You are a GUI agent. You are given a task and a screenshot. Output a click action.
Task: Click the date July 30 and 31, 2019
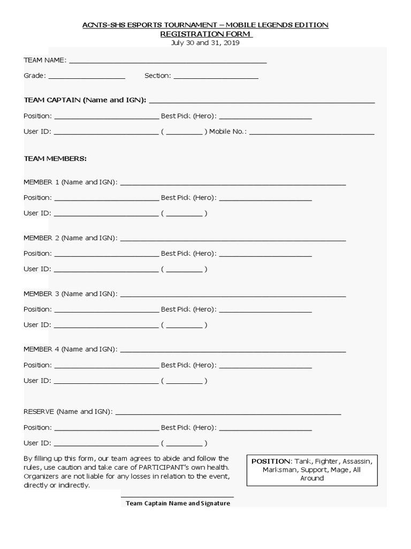(205, 43)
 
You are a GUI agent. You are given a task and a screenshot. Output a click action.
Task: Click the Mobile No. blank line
(311, 133)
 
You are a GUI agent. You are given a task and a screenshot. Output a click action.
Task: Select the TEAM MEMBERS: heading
(55, 159)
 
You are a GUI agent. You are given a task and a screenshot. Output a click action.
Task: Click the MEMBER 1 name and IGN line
(233, 184)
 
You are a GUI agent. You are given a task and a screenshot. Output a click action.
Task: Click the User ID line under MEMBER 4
(106, 382)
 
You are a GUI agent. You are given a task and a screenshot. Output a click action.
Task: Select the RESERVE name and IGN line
(228, 413)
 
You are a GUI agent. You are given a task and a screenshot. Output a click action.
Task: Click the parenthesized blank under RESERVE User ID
(184, 444)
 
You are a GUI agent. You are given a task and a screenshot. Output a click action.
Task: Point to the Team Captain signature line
(177, 496)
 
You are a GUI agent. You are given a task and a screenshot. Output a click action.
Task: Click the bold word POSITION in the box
(271, 461)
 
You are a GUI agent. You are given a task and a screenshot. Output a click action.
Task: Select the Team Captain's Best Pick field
(265, 117)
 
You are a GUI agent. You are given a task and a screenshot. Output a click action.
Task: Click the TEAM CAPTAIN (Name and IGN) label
(85, 100)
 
